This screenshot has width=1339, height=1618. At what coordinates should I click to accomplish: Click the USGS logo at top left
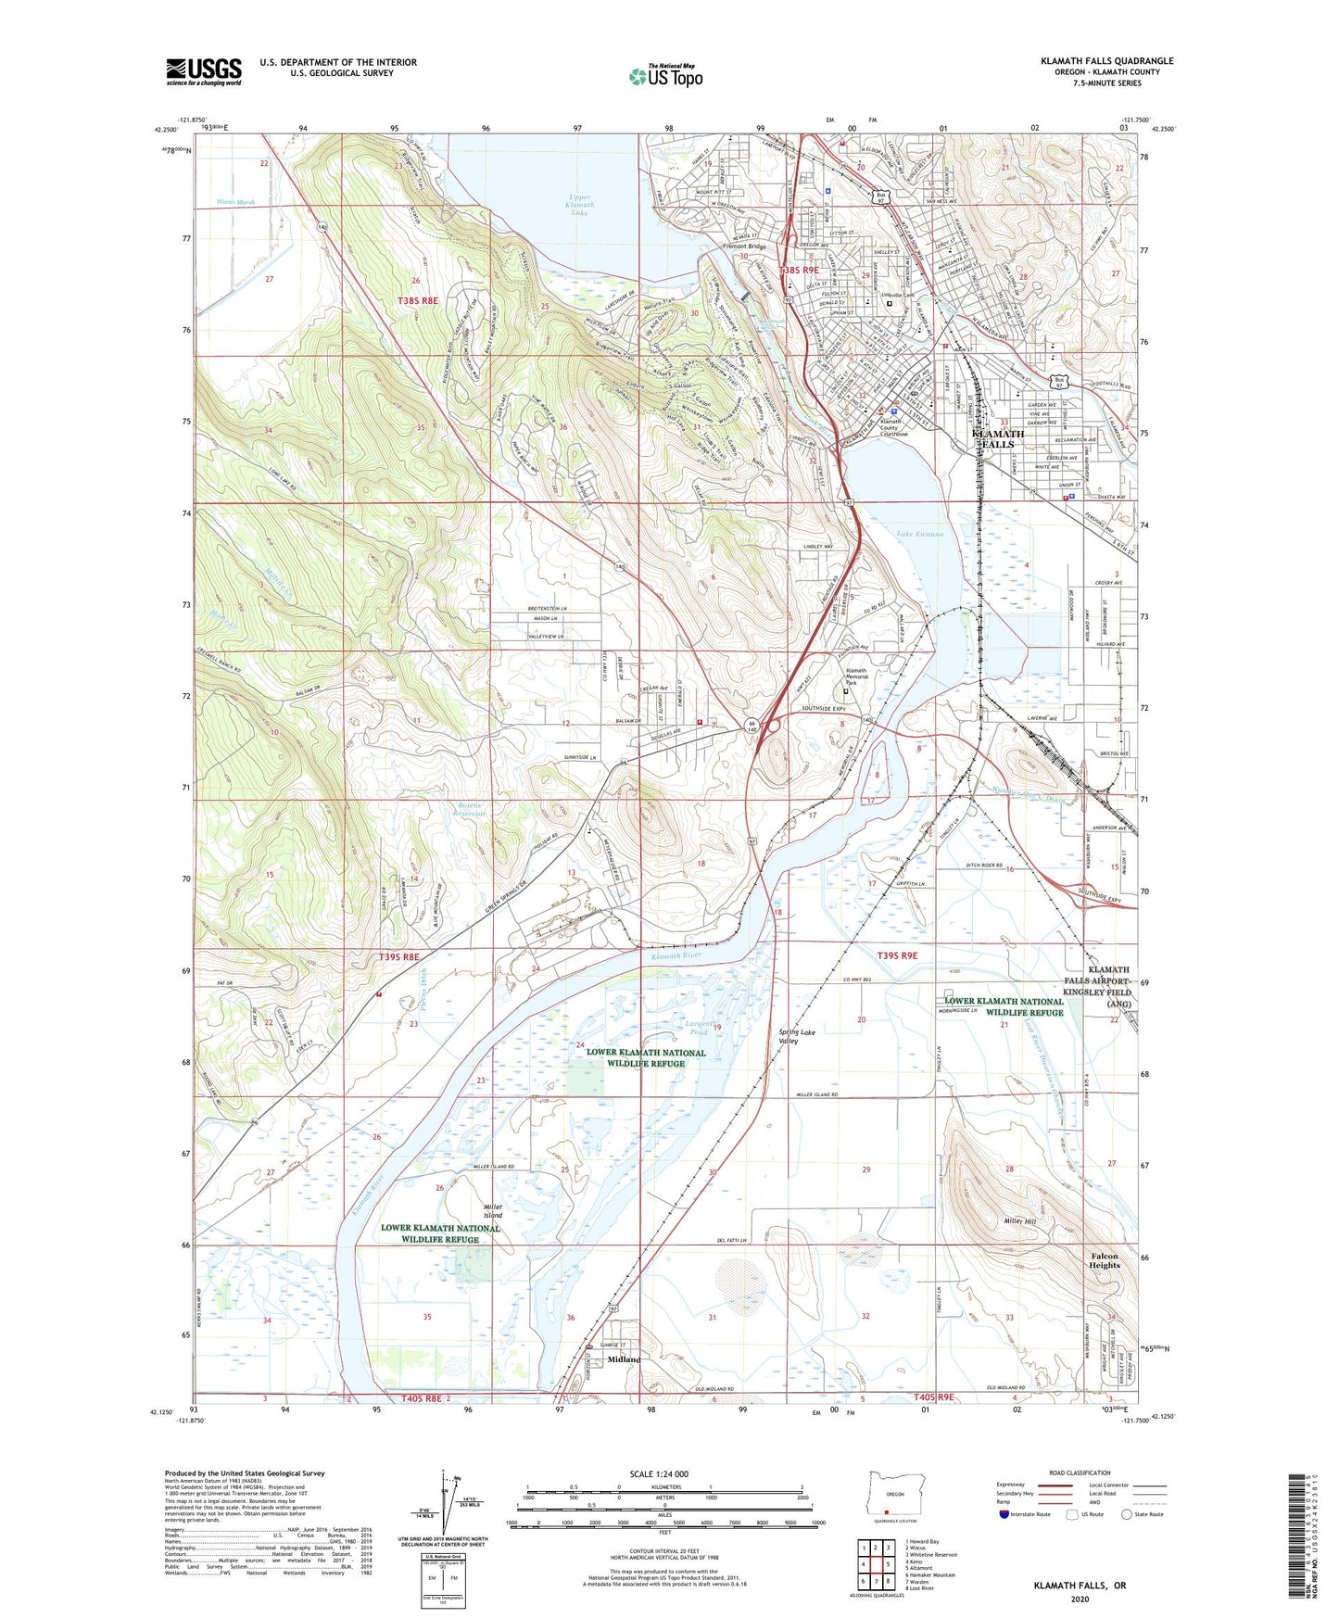click(x=204, y=71)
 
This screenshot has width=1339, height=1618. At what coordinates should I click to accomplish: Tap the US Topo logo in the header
click(x=665, y=76)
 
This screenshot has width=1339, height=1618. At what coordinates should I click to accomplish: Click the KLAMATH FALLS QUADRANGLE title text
click(x=1106, y=61)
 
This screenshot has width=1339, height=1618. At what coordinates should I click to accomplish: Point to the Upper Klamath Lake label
click(x=579, y=205)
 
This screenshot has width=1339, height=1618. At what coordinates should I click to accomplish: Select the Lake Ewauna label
click(x=919, y=534)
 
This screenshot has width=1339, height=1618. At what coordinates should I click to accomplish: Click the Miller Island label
click(x=493, y=1210)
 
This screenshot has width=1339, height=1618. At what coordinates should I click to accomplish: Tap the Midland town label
click(x=624, y=1359)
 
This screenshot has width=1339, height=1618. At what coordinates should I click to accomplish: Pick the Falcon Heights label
click(x=1104, y=1261)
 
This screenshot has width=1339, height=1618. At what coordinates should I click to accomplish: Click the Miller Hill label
click(x=1019, y=1221)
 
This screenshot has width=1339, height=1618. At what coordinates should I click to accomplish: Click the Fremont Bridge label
click(x=744, y=246)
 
